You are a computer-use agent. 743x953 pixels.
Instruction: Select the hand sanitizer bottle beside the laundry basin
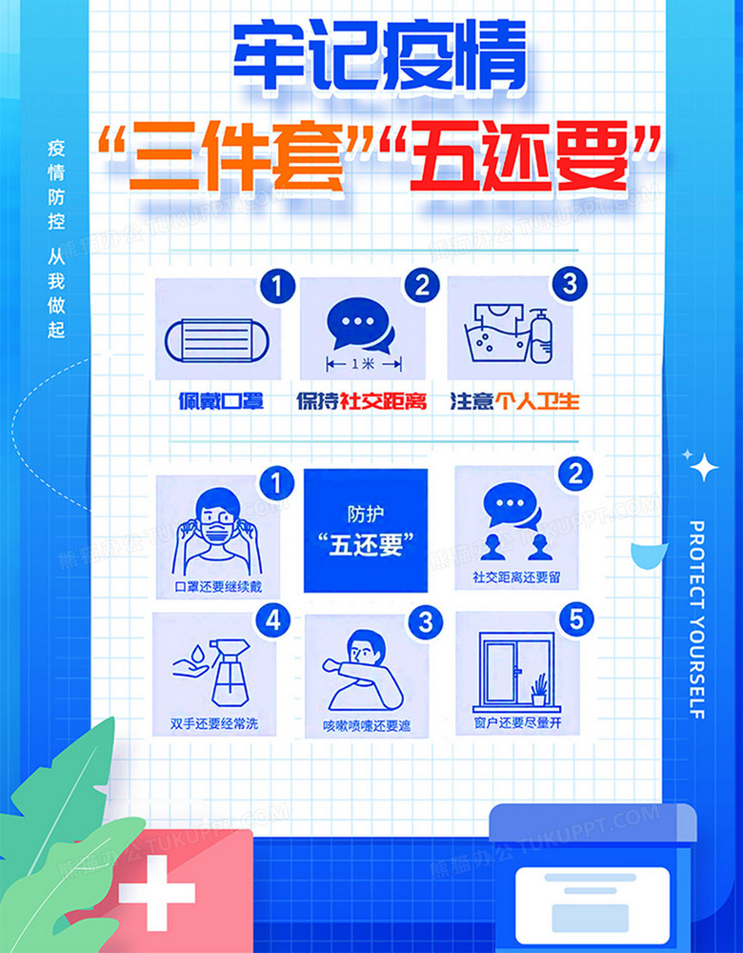[541, 336]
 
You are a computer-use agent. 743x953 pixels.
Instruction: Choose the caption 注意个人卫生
[514, 401]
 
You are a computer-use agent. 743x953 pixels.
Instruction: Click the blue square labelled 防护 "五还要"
[365, 530]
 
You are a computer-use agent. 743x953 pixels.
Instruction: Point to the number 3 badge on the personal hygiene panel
[570, 284]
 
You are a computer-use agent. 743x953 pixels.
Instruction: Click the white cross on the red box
[156, 893]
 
